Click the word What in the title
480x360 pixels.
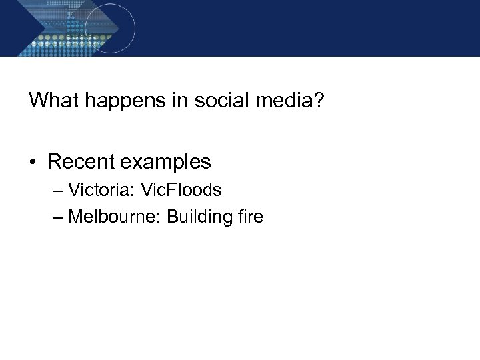(x=54, y=101)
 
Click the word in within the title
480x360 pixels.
(x=172, y=101)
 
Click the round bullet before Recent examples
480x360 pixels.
(x=33, y=162)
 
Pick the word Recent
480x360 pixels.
(x=82, y=161)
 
